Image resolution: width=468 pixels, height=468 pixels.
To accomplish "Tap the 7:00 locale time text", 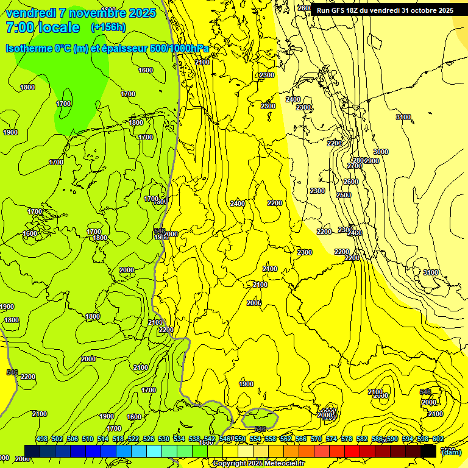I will (x=43, y=27).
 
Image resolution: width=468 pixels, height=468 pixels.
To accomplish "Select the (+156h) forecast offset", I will (x=108, y=27).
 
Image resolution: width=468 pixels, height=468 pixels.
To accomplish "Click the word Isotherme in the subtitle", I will (x=30, y=49).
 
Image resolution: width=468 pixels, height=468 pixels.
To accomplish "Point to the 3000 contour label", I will (x=381, y=152).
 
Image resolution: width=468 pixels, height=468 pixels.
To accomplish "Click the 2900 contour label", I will (x=372, y=161).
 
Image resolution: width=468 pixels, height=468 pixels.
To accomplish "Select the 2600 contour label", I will (x=351, y=182).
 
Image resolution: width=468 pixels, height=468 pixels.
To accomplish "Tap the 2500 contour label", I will (x=344, y=195).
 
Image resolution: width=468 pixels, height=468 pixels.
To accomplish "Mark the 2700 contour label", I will (x=355, y=166).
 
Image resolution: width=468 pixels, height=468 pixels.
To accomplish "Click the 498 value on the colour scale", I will (x=42, y=439).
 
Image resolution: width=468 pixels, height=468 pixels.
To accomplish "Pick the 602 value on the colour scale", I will (x=438, y=439).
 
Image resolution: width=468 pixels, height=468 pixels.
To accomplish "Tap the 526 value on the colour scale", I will (x=149, y=439).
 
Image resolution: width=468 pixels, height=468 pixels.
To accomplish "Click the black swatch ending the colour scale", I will (x=428, y=451).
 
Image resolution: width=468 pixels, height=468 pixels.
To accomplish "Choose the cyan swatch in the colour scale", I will (x=154, y=451).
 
